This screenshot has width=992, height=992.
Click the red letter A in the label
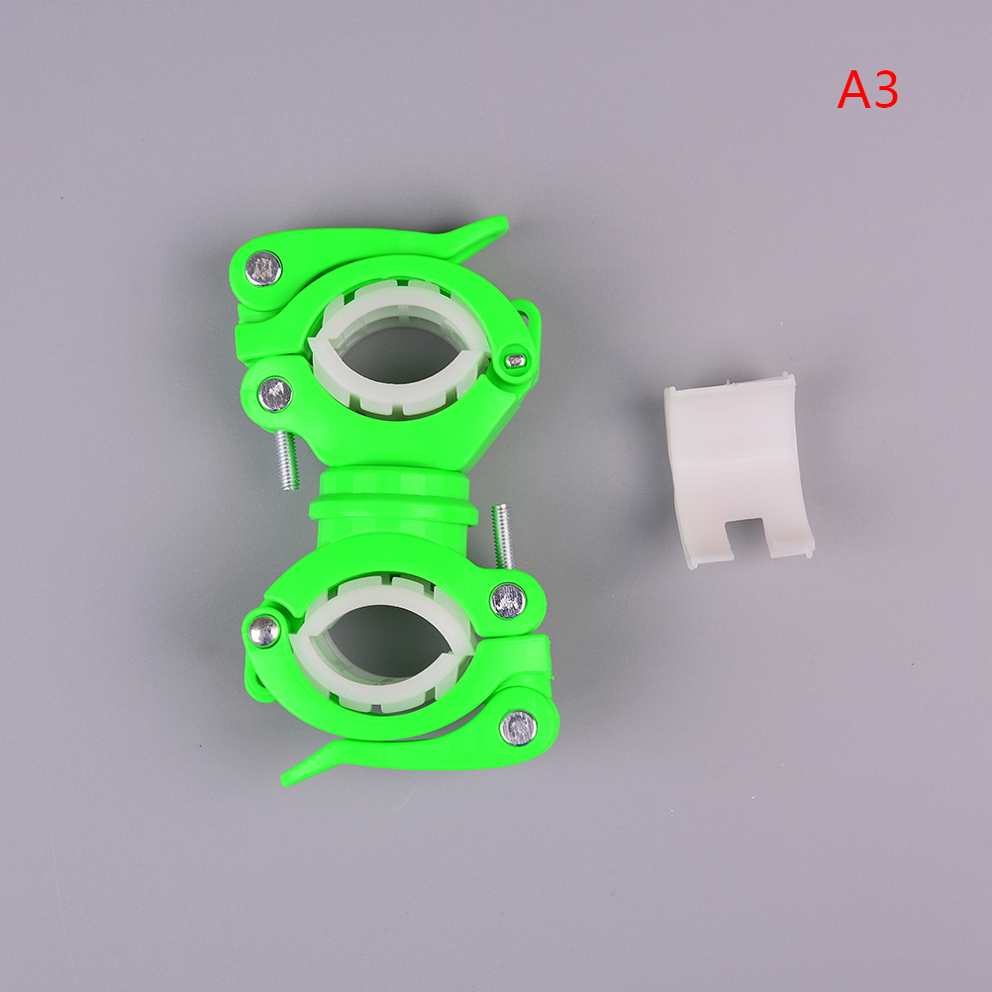854,90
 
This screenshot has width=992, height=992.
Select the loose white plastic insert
739,470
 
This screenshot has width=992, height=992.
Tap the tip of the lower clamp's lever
285,779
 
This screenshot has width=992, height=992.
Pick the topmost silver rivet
263,268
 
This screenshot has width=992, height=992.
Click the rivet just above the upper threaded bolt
275,394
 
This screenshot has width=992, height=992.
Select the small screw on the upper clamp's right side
516,360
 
